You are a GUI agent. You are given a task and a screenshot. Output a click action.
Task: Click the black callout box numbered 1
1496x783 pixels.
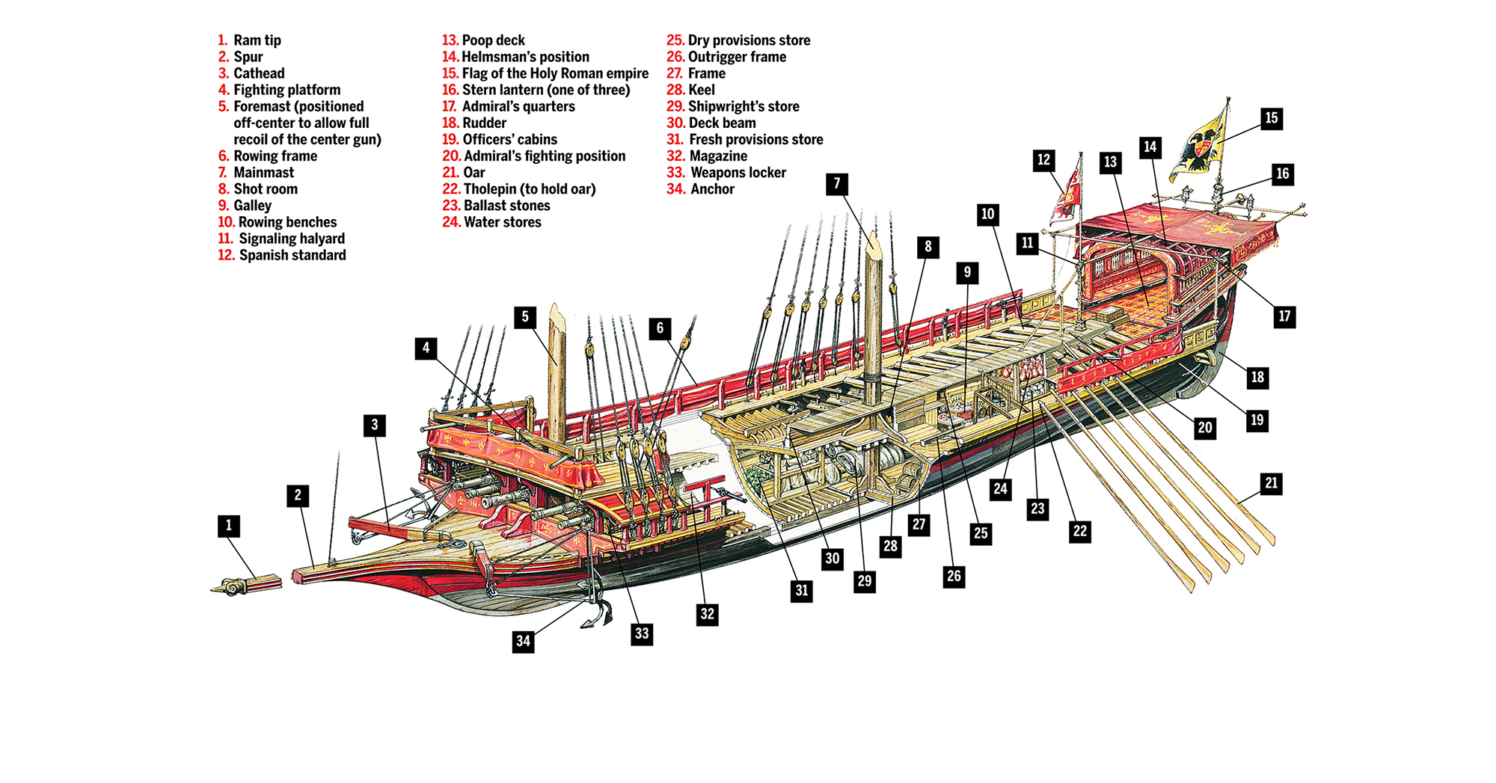click(229, 526)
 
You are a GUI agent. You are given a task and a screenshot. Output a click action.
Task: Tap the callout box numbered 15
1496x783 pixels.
click(1272, 118)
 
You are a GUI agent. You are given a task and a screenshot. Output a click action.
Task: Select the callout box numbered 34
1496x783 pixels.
click(524, 641)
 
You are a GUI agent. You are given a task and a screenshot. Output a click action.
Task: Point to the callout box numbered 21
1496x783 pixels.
click(1272, 483)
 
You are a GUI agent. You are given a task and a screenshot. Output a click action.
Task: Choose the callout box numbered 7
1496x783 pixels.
click(837, 183)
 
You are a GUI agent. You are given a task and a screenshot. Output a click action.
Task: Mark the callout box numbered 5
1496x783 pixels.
click(525, 317)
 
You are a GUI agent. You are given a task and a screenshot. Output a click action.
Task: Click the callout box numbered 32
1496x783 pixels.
click(707, 615)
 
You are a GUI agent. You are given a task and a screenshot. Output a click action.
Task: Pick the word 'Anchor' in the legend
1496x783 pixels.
click(713, 189)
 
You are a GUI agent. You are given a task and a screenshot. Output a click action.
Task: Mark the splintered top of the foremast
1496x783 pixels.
click(556, 314)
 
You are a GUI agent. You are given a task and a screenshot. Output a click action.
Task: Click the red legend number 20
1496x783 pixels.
click(451, 156)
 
